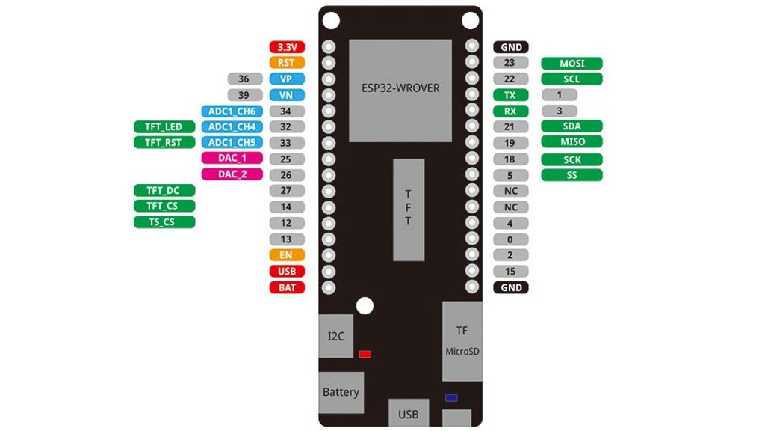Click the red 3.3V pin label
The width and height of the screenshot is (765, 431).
pyautogui.click(x=287, y=47)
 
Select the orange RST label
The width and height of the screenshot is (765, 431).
pyautogui.click(x=287, y=63)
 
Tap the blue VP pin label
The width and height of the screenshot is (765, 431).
pyautogui.click(x=287, y=79)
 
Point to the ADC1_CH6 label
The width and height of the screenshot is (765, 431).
pyautogui.click(x=232, y=111)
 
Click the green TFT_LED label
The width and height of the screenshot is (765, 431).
pyautogui.click(x=164, y=126)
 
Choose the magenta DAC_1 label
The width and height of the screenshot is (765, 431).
pyautogui.click(x=232, y=158)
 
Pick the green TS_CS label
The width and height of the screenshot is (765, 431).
pyautogui.click(x=164, y=222)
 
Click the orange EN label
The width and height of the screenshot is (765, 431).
pyautogui.click(x=287, y=255)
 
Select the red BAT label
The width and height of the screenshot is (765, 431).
pyautogui.click(x=287, y=287)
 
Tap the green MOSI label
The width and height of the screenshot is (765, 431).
pyautogui.click(x=572, y=64)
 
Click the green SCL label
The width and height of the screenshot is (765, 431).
pyautogui.click(x=572, y=79)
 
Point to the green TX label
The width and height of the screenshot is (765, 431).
pyautogui.click(x=510, y=95)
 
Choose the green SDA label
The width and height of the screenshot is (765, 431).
pyautogui.click(x=572, y=126)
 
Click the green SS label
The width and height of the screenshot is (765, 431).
pyautogui.click(x=572, y=175)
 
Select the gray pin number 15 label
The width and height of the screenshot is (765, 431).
pyautogui.click(x=510, y=271)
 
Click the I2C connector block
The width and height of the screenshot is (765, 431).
pyautogui.click(x=336, y=336)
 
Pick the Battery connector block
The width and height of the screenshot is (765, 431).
pyautogui.click(x=341, y=392)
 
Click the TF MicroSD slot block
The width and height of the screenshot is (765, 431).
pyautogui.click(x=462, y=341)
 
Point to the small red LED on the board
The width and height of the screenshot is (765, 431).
pyautogui.click(x=365, y=354)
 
